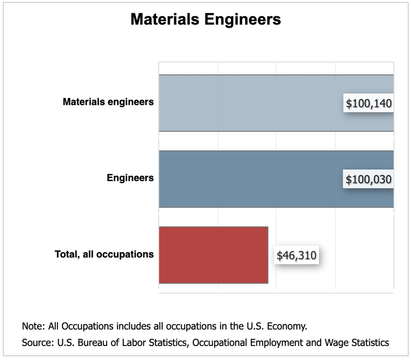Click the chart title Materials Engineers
[x=205, y=19]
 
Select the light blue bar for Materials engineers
[x=249, y=103]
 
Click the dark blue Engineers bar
[x=249, y=179]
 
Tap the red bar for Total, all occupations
[x=213, y=255]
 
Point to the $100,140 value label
[x=368, y=104]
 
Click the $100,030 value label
[x=368, y=180]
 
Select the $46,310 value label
[x=296, y=256]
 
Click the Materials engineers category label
[x=108, y=102]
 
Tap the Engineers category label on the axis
[x=130, y=178]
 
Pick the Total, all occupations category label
[x=104, y=254]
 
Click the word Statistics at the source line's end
[x=370, y=343]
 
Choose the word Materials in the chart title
[x=163, y=19]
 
